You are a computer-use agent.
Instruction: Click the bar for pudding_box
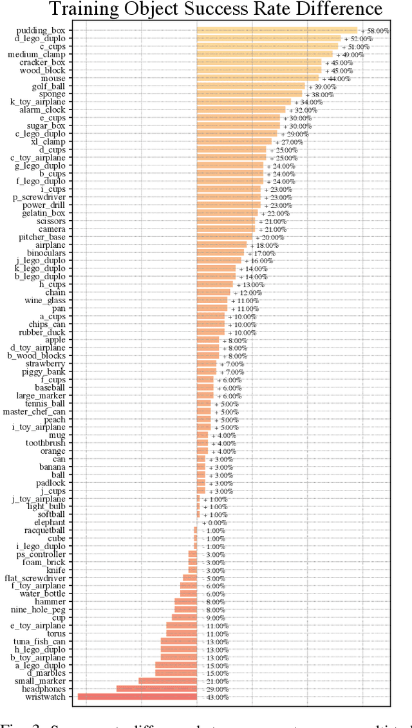277,30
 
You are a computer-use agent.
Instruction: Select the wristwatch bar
137,696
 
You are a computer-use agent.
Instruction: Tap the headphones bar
156,689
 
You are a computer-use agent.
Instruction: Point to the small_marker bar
167,680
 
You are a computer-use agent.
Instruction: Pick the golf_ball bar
250,86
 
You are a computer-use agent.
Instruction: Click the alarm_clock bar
241,109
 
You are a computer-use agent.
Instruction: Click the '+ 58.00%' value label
375,30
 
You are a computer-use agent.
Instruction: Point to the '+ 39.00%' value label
322,86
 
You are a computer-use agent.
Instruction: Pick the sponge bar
249,93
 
